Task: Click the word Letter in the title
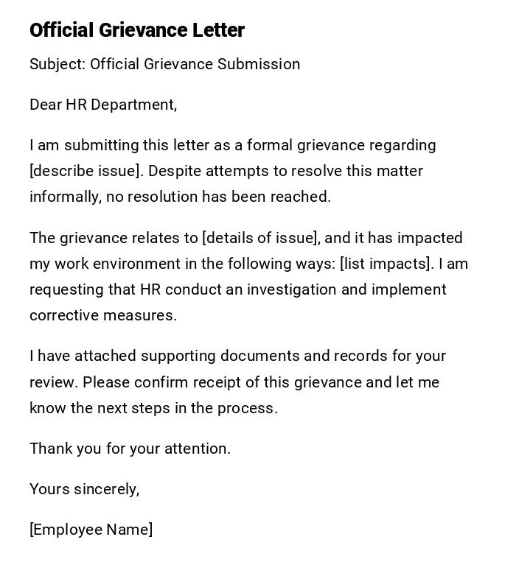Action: [x=218, y=30]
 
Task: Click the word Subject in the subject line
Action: [x=57, y=65]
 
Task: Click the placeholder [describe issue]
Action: [x=85, y=171]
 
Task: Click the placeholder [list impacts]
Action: [x=386, y=264]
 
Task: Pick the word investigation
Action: [x=292, y=289]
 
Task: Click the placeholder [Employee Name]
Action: [x=91, y=530]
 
